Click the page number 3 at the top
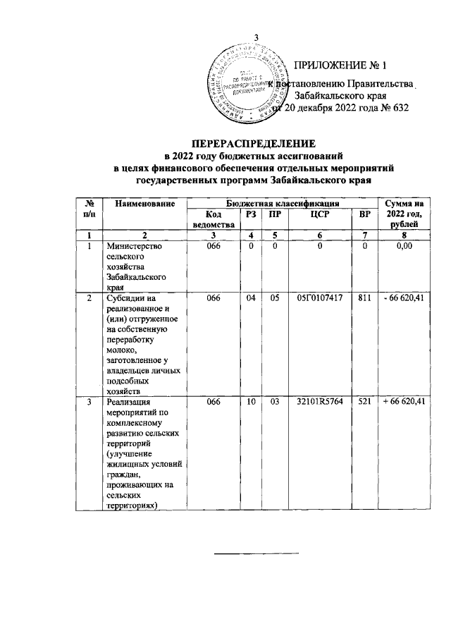(257, 37)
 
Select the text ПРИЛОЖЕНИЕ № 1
(341, 66)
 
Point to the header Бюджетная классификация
(281, 204)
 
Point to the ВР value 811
(364, 299)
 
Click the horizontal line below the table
(257, 553)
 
